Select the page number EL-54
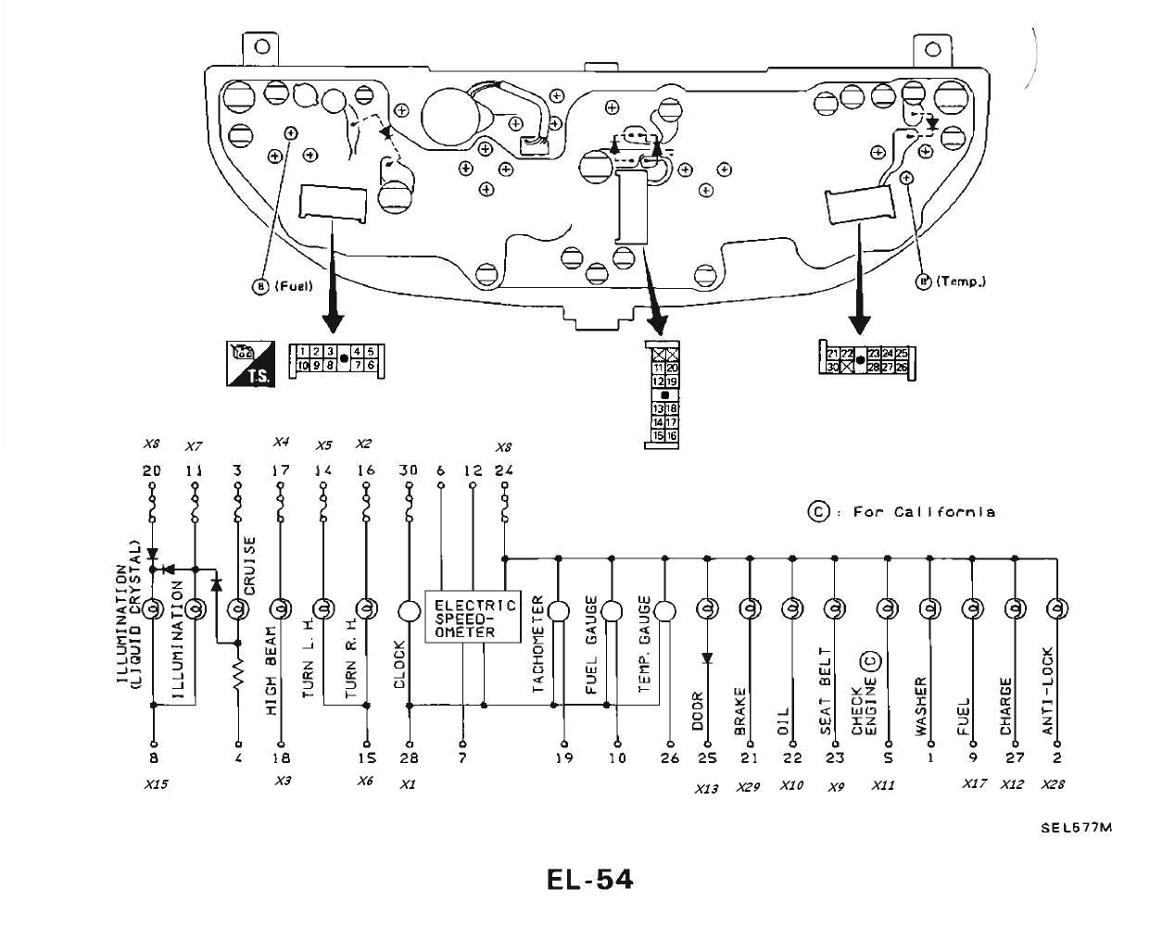click(x=590, y=879)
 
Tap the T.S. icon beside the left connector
click(x=248, y=363)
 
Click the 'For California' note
click(x=903, y=512)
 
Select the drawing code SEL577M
click(x=1076, y=828)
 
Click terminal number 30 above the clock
click(x=408, y=470)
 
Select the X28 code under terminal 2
click(x=1053, y=784)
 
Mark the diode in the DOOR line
click(x=707, y=658)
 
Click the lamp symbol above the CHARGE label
click(x=1015, y=608)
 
